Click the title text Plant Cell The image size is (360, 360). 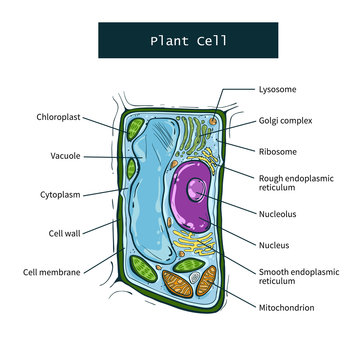coord(189,41)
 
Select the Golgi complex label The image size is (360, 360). coord(285,120)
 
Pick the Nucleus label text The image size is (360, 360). coord(275,243)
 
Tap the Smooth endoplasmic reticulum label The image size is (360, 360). coord(294,276)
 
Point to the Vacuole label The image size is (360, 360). coord(65,156)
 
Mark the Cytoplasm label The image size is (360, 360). coord(61,193)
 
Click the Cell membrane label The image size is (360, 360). coord(53,271)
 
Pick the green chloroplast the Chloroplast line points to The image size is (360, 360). coord(133,131)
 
